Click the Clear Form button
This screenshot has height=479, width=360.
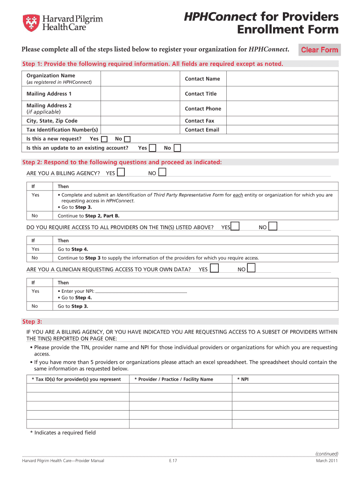click(320, 50)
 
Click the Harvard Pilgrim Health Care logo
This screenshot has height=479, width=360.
click(63, 22)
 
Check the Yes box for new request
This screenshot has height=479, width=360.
click(104, 139)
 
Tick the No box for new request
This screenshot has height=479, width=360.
click(128, 139)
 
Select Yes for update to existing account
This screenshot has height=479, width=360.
click(152, 148)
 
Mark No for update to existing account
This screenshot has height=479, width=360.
click(177, 148)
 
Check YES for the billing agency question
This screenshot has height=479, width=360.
click(121, 173)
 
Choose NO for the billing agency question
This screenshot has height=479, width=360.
click(162, 173)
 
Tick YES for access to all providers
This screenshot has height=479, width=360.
click(235, 226)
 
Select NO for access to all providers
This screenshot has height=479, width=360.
click(273, 226)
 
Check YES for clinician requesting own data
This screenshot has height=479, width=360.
click(214, 269)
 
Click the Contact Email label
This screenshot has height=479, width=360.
click(202, 130)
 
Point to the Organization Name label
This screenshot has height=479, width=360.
click(51, 76)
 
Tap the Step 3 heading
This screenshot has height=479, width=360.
click(32, 321)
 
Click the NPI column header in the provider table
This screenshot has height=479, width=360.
click(243, 379)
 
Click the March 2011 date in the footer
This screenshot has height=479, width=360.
click(327, 461)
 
